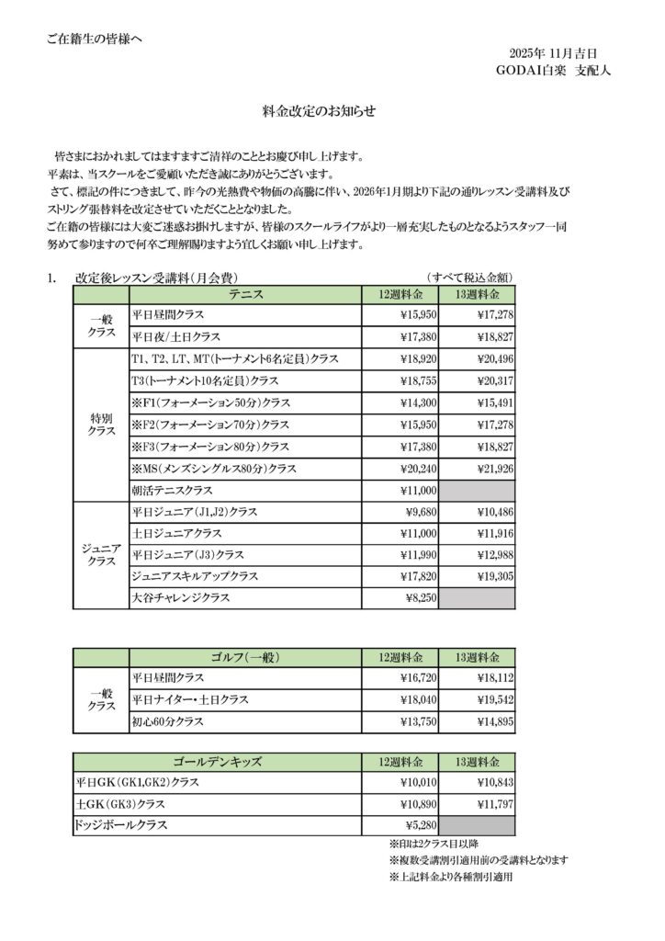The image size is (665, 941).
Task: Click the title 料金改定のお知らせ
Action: tap(332, 111)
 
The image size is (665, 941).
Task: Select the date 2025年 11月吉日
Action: tap(553, 52)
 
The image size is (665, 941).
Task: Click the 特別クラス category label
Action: tap(101, 424)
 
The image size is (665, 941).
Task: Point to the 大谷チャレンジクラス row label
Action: tap(181, 597)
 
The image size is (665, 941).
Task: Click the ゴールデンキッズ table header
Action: tap(218, 762)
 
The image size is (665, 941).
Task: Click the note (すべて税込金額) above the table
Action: tap(468, 277)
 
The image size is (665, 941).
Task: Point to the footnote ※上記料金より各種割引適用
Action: tap(450, 877)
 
